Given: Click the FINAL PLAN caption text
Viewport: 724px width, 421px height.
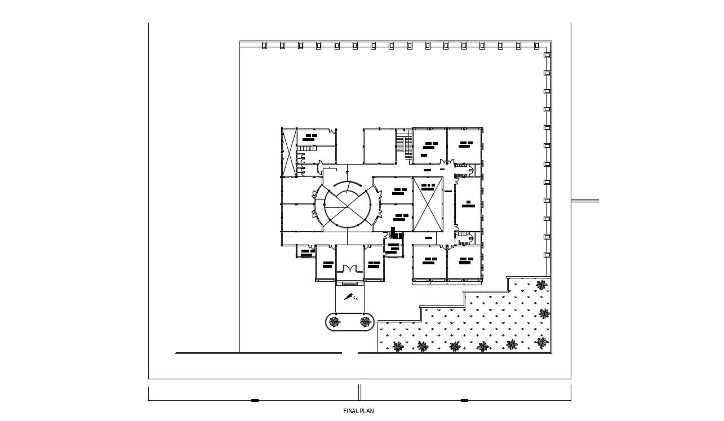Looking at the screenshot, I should [x=358, y=411].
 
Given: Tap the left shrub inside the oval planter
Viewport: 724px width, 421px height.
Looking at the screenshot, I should [x=335, y=322].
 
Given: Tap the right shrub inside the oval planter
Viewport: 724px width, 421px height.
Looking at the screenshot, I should [x=366, y=322].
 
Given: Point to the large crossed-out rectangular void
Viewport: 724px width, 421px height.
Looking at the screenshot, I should [x=428, y=204].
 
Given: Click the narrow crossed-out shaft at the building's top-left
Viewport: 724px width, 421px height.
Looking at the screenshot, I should [x=288, y=152].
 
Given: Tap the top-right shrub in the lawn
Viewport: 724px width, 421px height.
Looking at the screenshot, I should [x=541, y=285].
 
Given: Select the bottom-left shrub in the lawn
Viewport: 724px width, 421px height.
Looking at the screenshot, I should [x=398, y=347].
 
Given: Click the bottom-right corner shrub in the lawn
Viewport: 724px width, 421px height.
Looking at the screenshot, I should [x=542, y=342].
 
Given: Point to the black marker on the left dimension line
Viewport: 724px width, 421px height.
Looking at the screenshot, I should [x=255, y=401].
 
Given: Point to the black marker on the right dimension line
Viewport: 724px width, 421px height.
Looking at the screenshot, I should [x=464, y=401].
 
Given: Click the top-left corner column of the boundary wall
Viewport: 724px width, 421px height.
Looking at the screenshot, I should [x=264, y=46].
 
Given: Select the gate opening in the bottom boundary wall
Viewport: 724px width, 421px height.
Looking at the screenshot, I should [x=350, y=353].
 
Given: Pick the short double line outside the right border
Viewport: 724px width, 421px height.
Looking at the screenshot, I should [x=585, y=201].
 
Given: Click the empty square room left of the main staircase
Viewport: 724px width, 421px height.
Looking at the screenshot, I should [x=379, y=145].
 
